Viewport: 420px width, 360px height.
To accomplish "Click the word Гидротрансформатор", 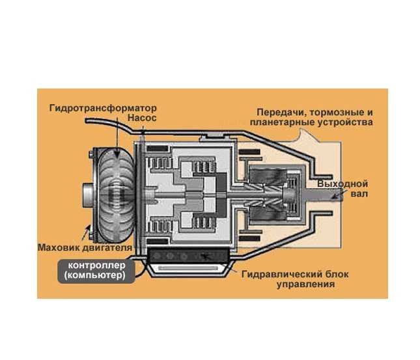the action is (x=103, y=109).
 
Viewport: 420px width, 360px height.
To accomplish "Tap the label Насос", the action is (x=142, y=118).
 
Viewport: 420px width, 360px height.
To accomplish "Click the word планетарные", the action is (x=282, y=122).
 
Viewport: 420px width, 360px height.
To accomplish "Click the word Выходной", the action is (x=343, y=184).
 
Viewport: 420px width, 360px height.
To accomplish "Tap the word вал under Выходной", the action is (x=359, y=193).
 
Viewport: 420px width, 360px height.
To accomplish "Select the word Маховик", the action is (x=59, y=247).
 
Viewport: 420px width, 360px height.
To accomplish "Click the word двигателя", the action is (x=107, y=248).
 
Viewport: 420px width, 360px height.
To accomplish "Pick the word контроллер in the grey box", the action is (x=96, y=266).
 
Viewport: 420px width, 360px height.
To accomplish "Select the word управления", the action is (x=305, y=284).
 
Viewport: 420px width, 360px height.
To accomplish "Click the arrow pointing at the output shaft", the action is (x=338, y=193).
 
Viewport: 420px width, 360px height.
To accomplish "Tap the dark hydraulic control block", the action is (x=188, y=256).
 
